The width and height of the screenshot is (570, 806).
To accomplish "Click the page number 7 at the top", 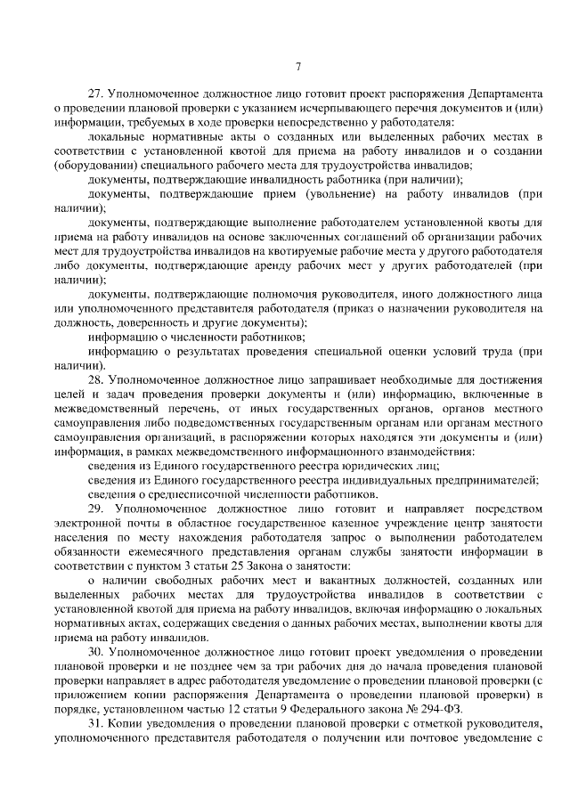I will click(298, 67).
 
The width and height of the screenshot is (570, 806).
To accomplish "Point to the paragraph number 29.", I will click(96, 508).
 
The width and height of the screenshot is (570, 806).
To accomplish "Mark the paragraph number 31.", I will click(96, 722).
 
